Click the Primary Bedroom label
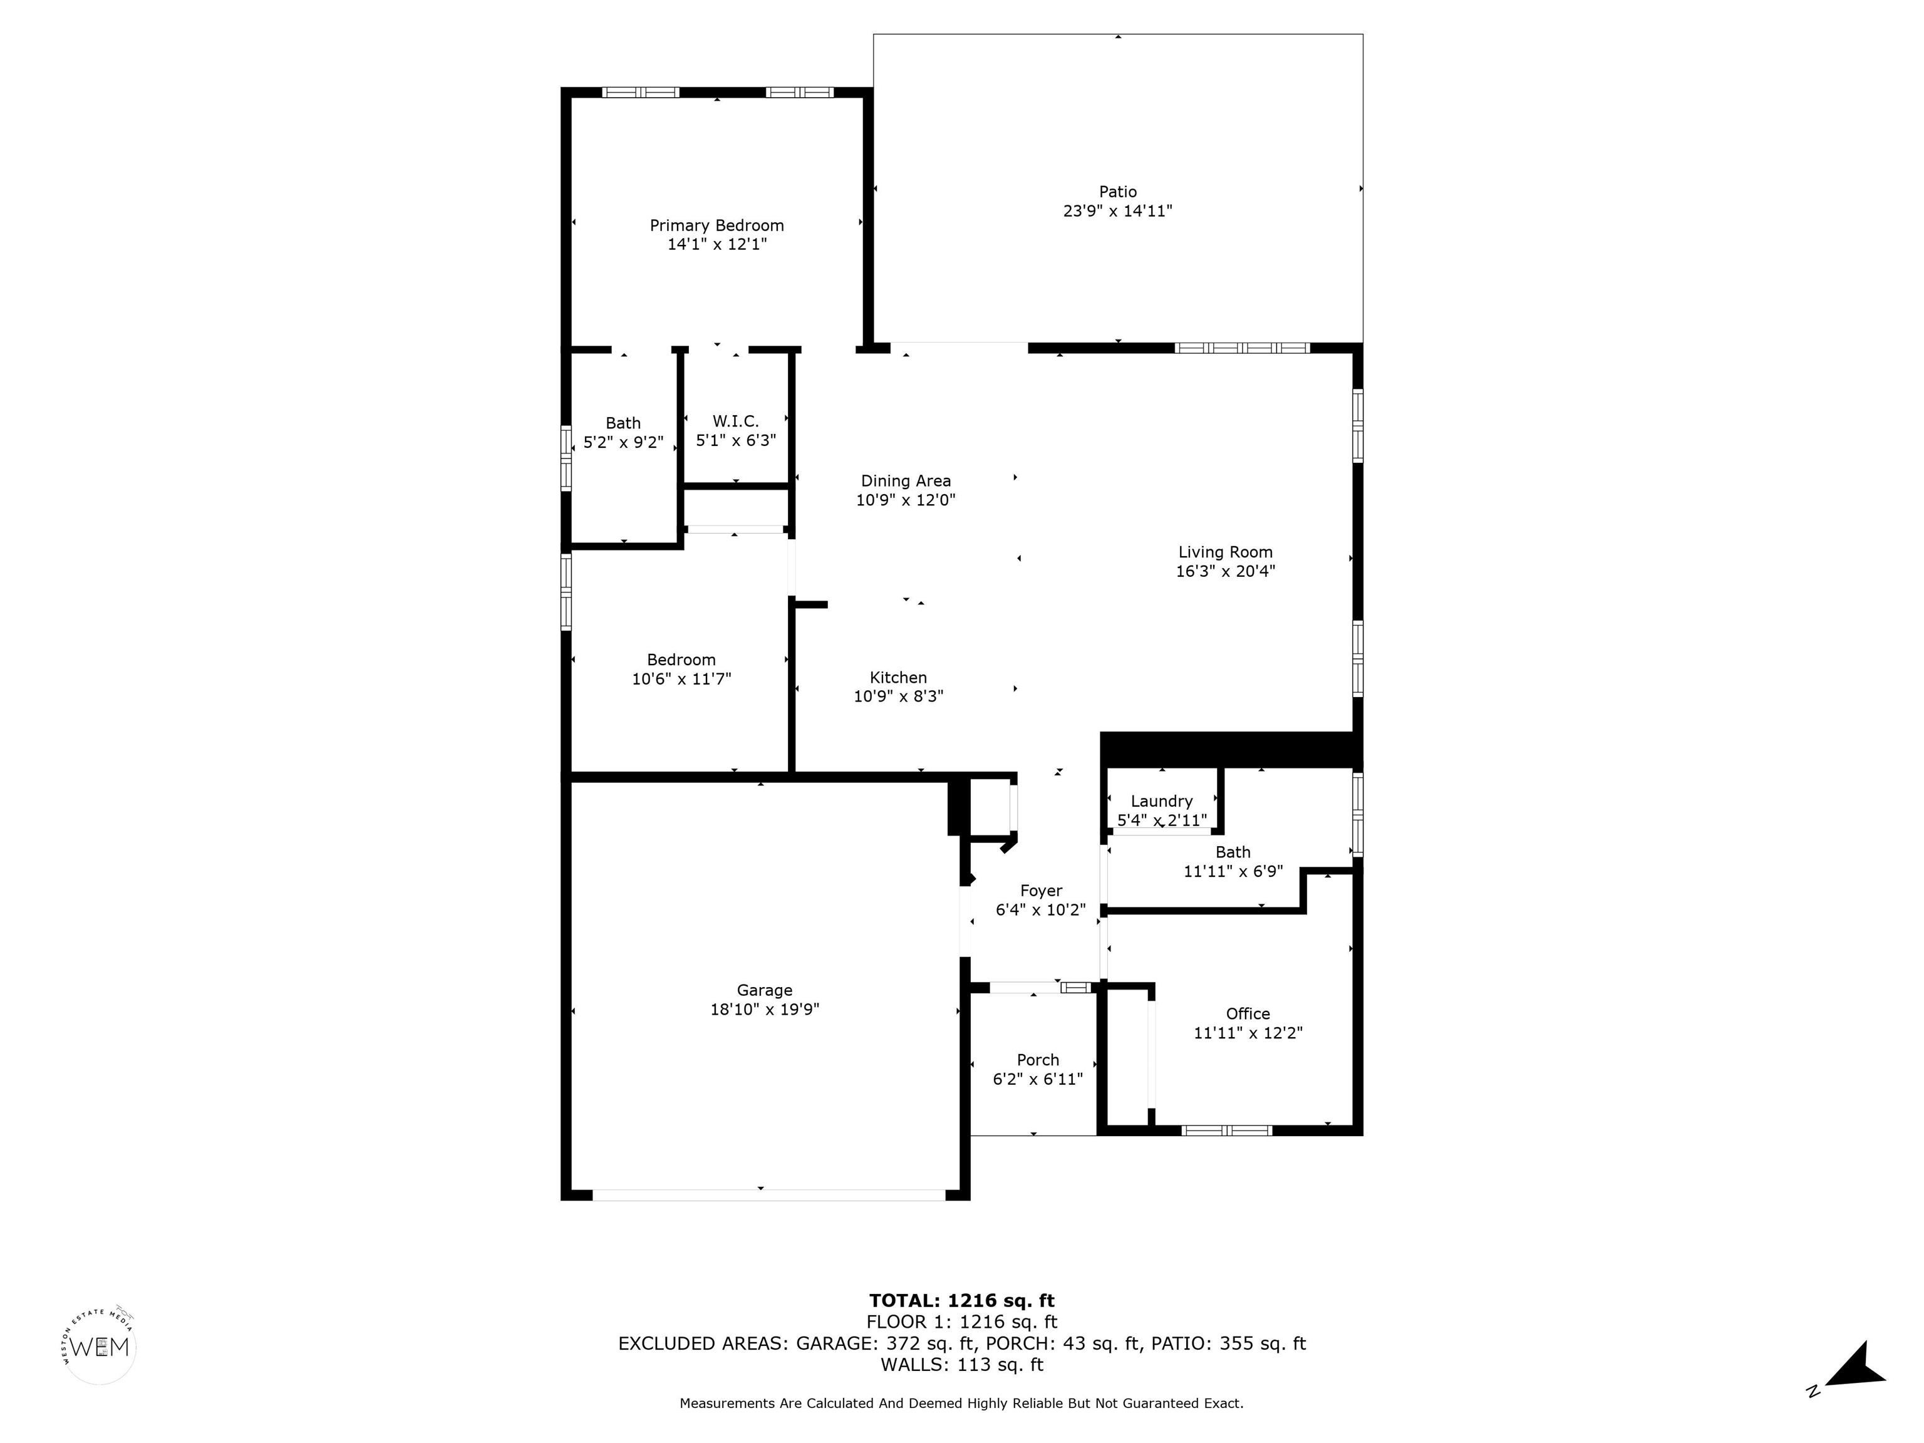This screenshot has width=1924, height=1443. (716, 225)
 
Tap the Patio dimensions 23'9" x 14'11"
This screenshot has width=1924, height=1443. (1118, 210)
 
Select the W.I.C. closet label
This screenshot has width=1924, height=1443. (736, 421)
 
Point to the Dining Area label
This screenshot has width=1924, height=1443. (906, 481)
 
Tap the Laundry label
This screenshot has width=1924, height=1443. (1161, 801)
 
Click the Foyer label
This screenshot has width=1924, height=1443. (1040, 891)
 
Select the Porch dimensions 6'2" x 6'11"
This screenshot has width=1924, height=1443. (1038, 1079)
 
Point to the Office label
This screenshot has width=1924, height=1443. (1248, 1013)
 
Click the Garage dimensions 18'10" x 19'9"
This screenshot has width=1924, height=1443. (765, 1010)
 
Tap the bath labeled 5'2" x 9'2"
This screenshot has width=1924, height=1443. (623, 432)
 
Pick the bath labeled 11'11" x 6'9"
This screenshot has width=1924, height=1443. (1233, 861)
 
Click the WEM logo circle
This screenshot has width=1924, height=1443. (100, 1347)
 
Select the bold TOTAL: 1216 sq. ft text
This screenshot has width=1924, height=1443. (961, 1300)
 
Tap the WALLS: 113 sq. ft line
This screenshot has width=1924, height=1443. (961, 1365)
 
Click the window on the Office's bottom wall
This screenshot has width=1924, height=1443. (1226, 1130)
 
